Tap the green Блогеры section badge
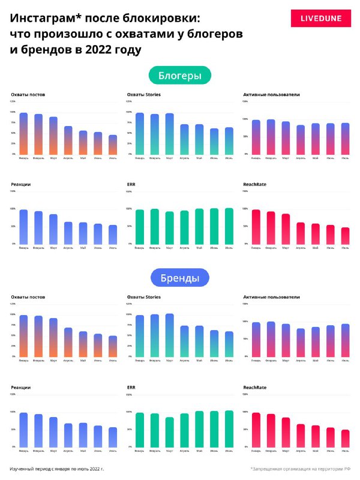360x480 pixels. [x=179, y=76]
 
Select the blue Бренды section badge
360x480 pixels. [x=179, y=278]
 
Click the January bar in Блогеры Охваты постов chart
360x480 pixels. [x=23, y=134]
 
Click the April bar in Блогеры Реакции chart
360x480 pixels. [x=68, y=233]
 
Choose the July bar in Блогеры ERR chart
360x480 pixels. [x=229, y=226]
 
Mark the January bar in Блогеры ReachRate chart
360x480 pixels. [x=256, y=227]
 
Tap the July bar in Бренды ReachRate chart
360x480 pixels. [x=345, y=439]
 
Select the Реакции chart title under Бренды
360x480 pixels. [x=21, y=388]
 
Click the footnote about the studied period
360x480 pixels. [x=56, y=468]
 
